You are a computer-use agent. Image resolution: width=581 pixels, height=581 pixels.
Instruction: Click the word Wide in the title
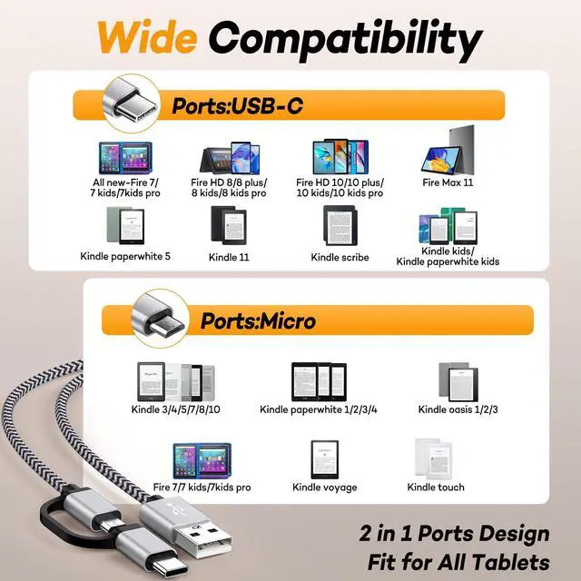point(147,38)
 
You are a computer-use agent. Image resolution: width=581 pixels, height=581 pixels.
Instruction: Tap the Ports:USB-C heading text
point(237,106)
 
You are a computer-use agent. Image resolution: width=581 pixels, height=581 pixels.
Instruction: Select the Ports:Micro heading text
point(258,320)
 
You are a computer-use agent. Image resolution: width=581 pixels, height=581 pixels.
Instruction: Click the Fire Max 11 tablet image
point(448,149)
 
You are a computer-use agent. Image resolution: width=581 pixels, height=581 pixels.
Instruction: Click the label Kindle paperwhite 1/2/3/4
point(318,409)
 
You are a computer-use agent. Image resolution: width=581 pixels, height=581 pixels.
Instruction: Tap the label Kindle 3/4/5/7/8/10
point(176,409)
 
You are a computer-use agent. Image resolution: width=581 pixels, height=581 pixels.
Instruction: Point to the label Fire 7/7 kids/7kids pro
point(202,487)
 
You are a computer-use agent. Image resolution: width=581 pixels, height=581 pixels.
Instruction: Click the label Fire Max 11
point(448,182)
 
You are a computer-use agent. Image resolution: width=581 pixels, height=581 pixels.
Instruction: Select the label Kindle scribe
point(340,257)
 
